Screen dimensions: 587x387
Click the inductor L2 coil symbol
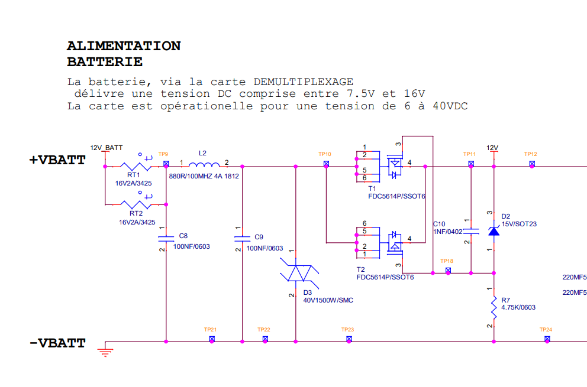coord(204,164)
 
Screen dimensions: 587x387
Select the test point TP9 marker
coord(166,164)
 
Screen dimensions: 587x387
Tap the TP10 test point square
coord(326,164)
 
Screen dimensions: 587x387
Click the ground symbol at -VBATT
coord(105,352)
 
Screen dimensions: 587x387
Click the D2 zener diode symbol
coord(494,232)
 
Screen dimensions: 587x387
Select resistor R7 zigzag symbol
coord(494,308)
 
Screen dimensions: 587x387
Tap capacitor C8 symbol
coord(166,239)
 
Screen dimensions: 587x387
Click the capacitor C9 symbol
coord(242,239)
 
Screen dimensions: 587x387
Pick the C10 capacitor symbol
coord(471,231)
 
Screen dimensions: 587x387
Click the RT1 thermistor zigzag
coord(136,167)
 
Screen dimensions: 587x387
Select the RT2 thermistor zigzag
coord(136,204)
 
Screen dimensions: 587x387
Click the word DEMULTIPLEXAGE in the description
coord(303,82)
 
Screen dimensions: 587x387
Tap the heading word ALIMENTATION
coord(124,46)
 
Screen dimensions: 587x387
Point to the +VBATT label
coord(57,160)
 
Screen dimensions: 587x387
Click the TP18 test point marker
coord(448,271)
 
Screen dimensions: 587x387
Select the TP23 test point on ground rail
coord(349,339)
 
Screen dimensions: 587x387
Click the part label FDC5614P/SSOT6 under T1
coord(397,196)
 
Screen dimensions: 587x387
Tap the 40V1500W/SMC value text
coord(328,300)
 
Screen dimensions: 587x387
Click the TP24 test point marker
coord(547,339)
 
